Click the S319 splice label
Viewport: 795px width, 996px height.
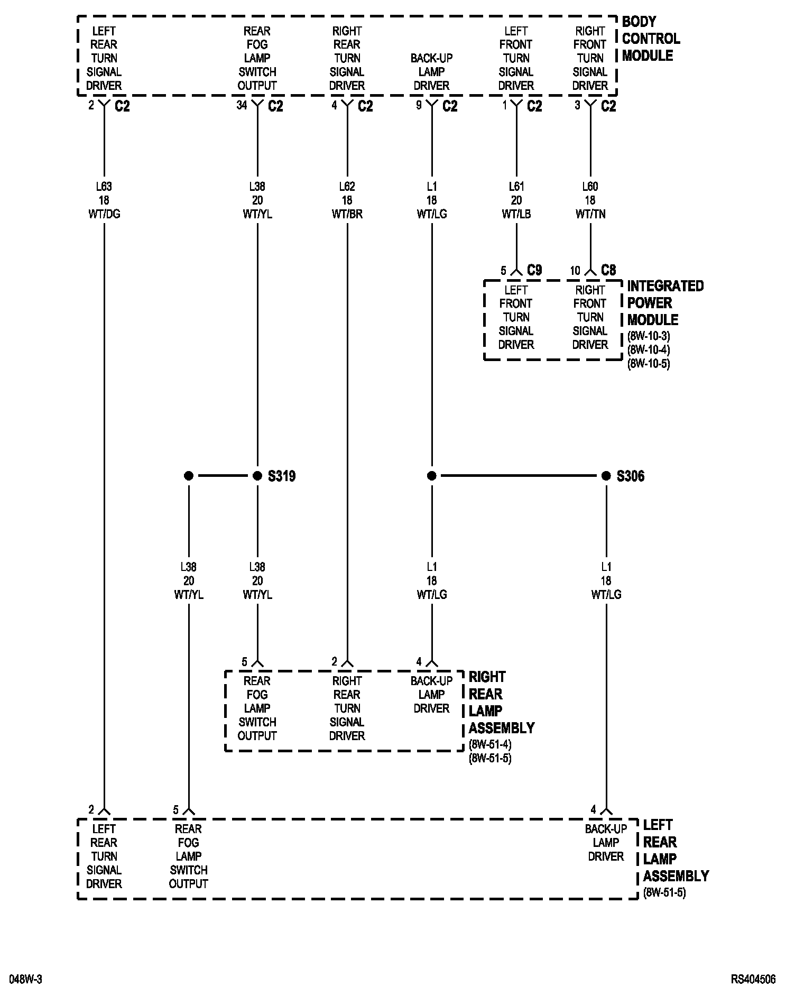pos(281,476)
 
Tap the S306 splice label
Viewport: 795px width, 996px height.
pos(630,476)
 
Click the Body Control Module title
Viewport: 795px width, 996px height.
pos(650,39)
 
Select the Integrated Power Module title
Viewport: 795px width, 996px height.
pos(665,303)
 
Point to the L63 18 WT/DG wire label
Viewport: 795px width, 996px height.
pos(104,200)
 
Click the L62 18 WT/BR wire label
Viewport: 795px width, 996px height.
pos(347,200)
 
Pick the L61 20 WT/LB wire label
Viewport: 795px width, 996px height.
pos(516,200)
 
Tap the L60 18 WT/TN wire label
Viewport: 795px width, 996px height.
pos(590,200)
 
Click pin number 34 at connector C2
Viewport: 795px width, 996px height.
pos(242,105)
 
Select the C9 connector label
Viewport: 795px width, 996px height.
pos(534,271)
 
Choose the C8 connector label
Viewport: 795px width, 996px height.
pos(608,271)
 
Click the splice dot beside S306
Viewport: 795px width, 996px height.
pos(606,476)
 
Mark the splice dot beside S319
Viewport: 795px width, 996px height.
pos(257,476)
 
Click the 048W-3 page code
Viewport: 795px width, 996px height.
pos(26,980)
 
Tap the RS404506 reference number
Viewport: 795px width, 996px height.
pos(753,980)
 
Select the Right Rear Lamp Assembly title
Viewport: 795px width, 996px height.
pos(501,703)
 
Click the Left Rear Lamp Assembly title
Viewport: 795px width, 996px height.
pos(676,851)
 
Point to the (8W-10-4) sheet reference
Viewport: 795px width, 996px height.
pos(649,350)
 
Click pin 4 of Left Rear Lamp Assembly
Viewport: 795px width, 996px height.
pos(594,809)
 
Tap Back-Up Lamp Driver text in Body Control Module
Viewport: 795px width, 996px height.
pos(431,72)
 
